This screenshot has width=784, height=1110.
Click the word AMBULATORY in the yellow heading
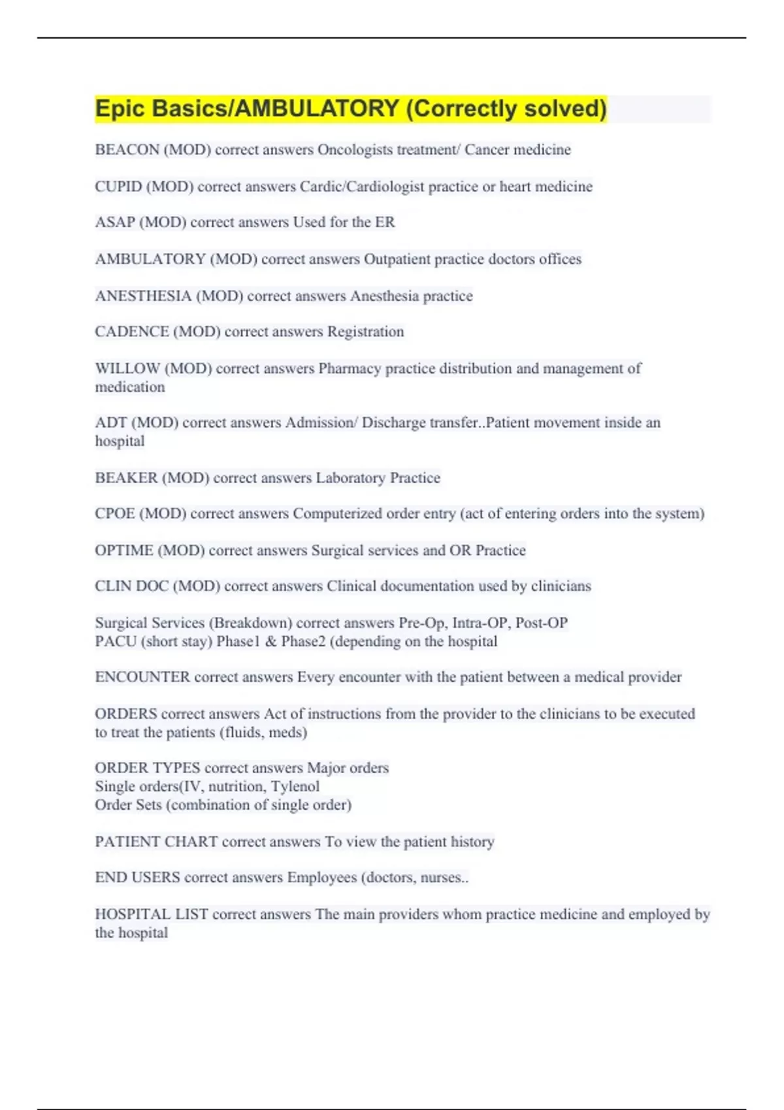coord(316,108)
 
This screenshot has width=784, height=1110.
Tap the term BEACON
coord(127,150)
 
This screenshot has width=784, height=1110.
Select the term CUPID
coord(118,187)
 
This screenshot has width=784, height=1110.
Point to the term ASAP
coord(114,223)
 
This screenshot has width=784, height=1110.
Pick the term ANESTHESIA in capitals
coord(143,296)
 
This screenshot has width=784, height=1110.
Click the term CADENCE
coord(131,332)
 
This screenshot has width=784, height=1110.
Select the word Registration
coord(365,332)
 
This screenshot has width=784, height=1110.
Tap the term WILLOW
coord(127,369)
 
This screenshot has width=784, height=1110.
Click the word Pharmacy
coord(350,369)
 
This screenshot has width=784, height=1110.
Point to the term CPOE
coord(115,514)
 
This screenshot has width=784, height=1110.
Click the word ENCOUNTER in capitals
coord(142,677)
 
